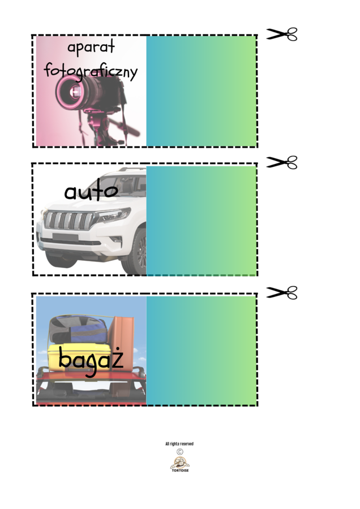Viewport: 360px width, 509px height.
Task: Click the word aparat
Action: pyautogui.click(x=91, y=47)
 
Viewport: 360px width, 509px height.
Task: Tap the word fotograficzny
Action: pyautogui.click(x=91, y=71)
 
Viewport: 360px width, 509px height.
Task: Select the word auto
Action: pyautogui.click(x=91, y=191)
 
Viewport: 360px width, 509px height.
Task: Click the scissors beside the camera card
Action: pyautogui.click(x=282, y=34)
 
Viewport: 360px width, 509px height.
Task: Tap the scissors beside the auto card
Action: pyautogui.click(x=282, y=162)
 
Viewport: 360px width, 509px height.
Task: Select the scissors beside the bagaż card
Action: pyautogui.click(x=282, y=292)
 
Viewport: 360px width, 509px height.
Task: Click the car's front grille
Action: pyautogui.click(x=69, y=221)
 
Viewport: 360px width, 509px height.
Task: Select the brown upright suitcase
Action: pyautogui.click(x=121, y=343)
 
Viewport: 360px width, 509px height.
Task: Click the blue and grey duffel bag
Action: pyautogui.click(x=78, y=329)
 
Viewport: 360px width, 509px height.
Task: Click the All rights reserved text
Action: pyautogui.click(x=179, y=443)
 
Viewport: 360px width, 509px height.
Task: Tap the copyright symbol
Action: pyautogui.click(x=180, y=451)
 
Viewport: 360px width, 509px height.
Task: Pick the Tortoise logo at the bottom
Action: pyautogui.click(x=180, y=464)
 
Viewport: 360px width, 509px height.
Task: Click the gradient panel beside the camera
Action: pyautogui.click(x=202, y=91)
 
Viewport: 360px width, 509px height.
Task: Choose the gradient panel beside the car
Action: pyautogui.click(x=202, y=221)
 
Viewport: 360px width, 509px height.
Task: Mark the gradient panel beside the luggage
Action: pyautogui.click(x=202, y=351)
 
